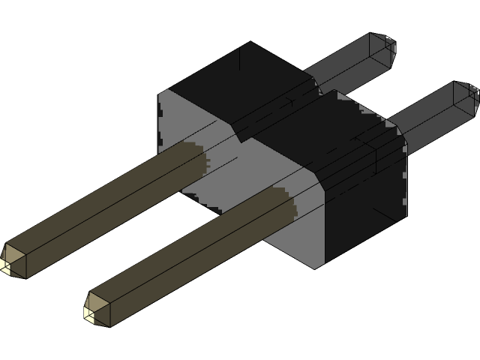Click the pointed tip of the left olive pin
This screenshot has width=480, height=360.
[6, 263]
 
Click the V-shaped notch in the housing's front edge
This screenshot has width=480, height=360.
[240, 137]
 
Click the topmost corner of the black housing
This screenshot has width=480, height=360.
[249, 42]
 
